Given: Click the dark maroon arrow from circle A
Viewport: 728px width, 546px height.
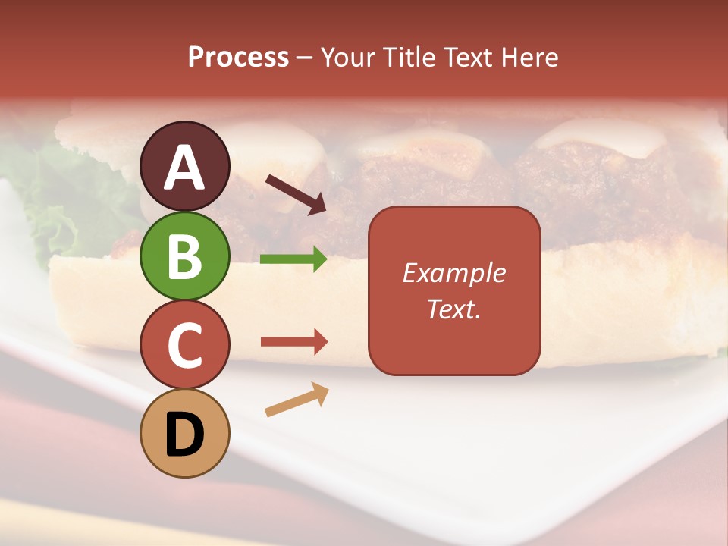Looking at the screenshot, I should point(296,194).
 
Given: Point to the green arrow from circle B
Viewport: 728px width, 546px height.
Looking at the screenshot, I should point(293,259).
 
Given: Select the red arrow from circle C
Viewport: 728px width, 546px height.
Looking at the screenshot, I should point(293,342).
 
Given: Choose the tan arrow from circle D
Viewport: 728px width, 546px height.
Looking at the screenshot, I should point(297,400).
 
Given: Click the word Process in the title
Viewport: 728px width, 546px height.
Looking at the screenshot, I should point(238,58).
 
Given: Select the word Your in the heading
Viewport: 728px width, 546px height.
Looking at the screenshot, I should point(349,58).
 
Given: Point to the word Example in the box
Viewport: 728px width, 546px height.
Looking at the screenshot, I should point(453,273).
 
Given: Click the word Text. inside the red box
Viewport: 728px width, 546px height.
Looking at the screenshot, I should point(453,309).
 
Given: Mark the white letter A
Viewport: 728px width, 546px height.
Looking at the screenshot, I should point(184,168).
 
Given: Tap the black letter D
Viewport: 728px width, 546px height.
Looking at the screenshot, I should point(184,435).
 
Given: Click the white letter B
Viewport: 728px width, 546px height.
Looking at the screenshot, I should point(184,257).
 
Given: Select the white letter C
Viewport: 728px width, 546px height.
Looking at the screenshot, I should point(184,346).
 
